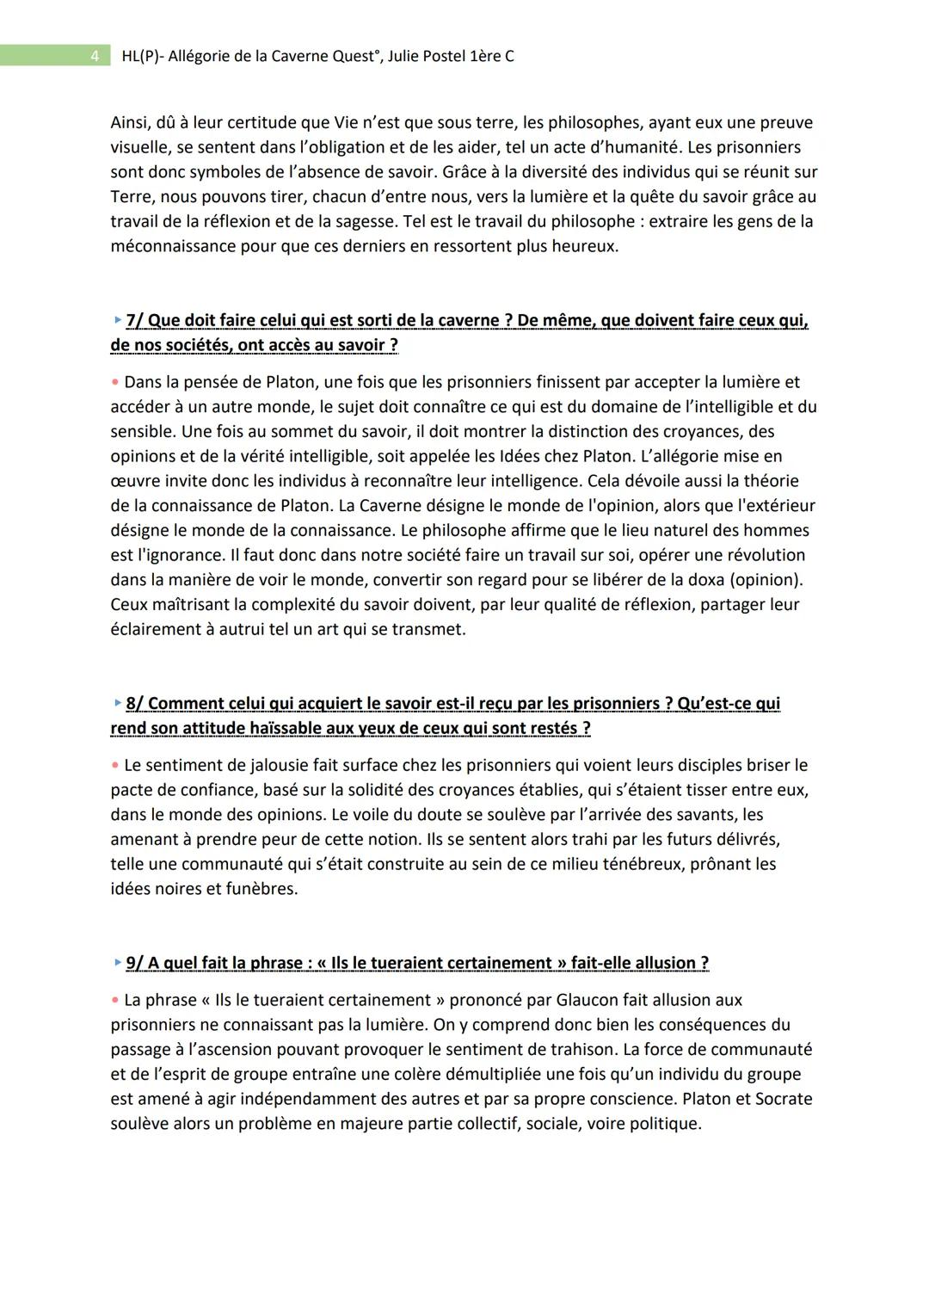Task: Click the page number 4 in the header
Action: pyautogui.click(x=95, y=57)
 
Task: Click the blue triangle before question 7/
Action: pyautogui.click(x=117, y=320)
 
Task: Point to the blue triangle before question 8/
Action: pyautogui.click(x=117, y=703)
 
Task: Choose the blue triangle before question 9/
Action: pyautogui.click(x=117, y=963)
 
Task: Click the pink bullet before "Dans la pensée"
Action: pyautogui.click(x=114, y=382)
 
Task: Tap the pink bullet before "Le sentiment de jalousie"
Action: pyautogui.click(x=114, y=765)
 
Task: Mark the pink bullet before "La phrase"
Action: pyautogui.click(x=114, y=1000)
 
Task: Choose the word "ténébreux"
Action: pyautogui.click(x=643, y=864)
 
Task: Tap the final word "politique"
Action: pyautogui.click(x=664, y=1124)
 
